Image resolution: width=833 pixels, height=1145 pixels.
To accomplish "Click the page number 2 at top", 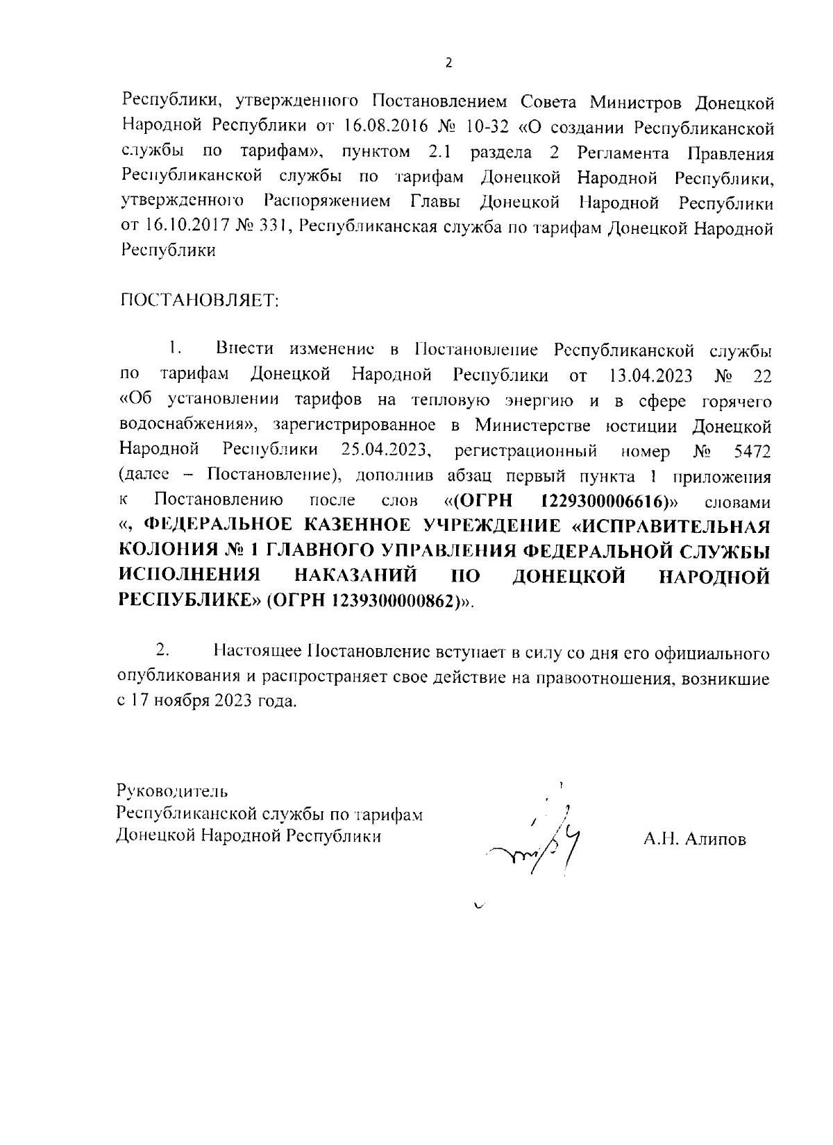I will click(448, 63).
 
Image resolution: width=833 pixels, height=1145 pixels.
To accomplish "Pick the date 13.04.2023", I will click(650, 376).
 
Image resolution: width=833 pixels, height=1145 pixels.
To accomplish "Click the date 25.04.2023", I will click(387, 451).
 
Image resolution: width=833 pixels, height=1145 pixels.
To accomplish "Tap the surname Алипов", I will click(716, 840).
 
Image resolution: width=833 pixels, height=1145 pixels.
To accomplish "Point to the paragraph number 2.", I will click(162, 651).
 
